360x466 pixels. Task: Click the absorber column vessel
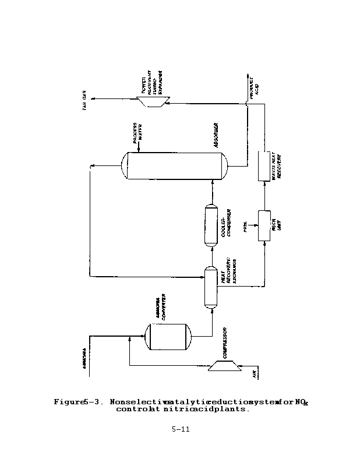pos(175,165)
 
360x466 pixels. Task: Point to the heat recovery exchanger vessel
pos(211,287)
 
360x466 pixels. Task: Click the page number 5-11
pos(180,430)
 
